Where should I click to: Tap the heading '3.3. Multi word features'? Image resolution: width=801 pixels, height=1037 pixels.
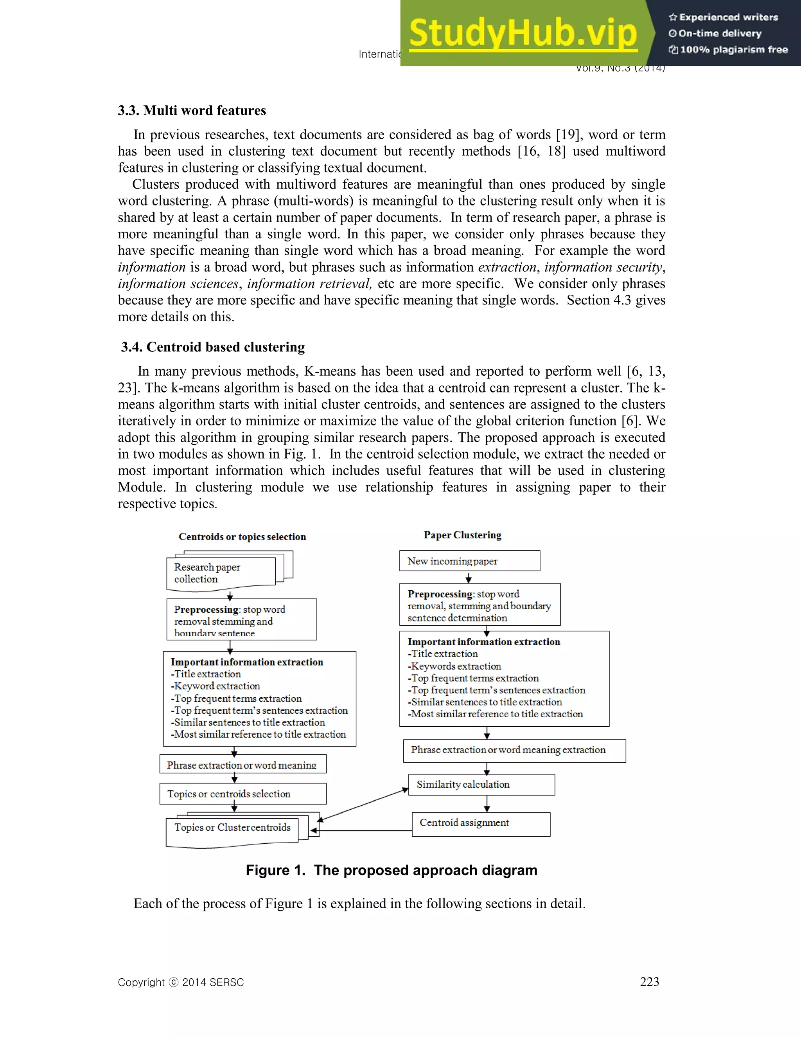192,110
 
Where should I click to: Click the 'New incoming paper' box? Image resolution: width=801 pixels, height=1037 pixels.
469,561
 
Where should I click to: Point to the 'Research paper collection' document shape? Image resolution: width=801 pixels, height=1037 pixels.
221,573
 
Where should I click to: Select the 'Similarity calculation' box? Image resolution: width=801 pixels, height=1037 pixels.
481,784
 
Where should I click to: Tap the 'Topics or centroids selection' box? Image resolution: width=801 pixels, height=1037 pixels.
242,794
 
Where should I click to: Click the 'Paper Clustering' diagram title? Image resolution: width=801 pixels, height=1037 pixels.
462,535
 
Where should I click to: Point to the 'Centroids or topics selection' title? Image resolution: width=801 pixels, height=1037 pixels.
242,537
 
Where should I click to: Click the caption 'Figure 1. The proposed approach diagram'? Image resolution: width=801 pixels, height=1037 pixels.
392,870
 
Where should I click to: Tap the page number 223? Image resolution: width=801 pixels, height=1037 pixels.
649,982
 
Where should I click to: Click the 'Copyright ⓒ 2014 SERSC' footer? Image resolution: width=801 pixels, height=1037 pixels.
180,983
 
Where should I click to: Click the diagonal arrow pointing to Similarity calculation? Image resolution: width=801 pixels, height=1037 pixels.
363,805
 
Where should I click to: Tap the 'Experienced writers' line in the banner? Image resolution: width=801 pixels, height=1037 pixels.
724,18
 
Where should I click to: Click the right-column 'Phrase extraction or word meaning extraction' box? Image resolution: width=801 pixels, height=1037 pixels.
514,751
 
